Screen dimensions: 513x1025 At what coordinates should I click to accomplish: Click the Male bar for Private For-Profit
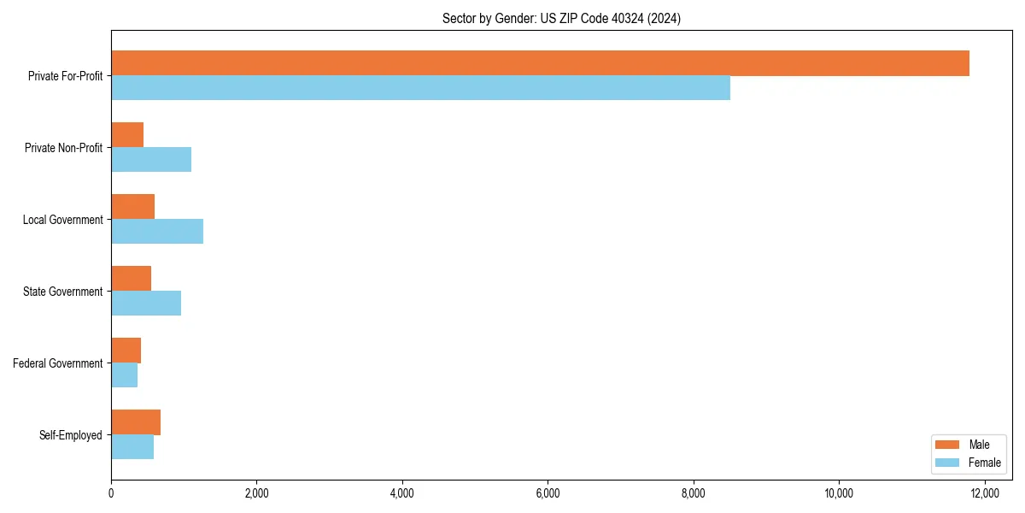click(x=540, y=63)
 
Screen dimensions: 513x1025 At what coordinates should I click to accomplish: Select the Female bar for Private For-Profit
click(x=420, y=88)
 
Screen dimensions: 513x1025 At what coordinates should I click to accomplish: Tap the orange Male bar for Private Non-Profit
click(x=127, y=135)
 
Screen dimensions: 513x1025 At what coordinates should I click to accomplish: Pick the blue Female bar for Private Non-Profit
click(x=151, y=160)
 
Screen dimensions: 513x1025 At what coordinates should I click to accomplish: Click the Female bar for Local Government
click(x=157, y=232)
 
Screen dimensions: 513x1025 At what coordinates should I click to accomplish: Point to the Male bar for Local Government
click(x=132, y=207)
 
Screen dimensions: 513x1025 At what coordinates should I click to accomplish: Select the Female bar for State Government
click(x=146, y=304)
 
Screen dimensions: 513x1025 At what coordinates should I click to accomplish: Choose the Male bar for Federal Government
click(x=126, y=351)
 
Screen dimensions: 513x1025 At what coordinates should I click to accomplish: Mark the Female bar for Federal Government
click(x=124, y=375)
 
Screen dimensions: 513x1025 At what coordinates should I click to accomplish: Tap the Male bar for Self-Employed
click(x=136, y=422)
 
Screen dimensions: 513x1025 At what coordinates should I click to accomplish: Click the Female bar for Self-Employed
click(x=132, y=447)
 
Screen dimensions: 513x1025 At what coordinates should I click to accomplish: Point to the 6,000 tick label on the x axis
click(x=548, y=492)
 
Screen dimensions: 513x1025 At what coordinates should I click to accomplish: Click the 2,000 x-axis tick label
click(x=256, y=492)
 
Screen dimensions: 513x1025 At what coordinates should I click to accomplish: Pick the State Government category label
click(x=62, y=292)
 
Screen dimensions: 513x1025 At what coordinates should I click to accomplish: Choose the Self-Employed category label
click(x=71, y=435)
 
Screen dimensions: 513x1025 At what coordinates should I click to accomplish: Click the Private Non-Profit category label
click(x=63, y=148)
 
